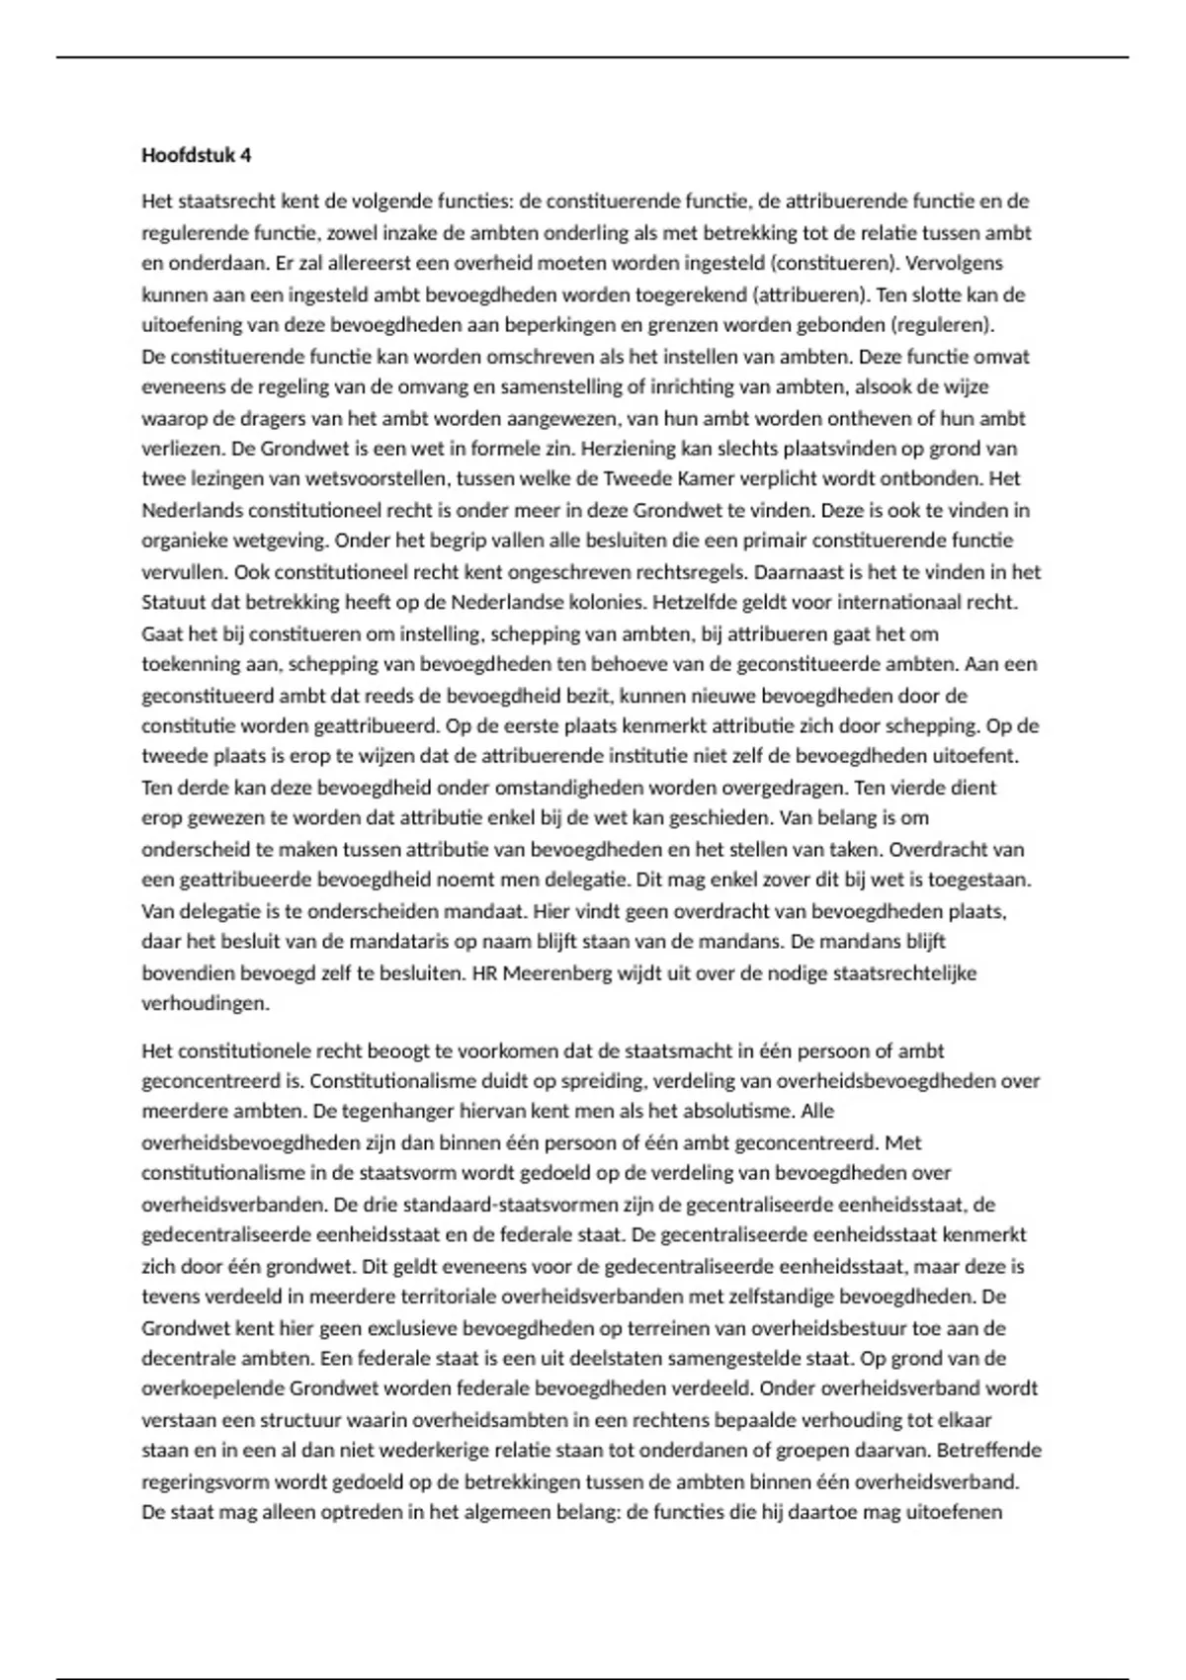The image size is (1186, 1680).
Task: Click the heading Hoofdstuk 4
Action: [x=196, y=155]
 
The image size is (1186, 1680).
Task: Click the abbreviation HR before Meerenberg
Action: [x=484, y=973]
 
